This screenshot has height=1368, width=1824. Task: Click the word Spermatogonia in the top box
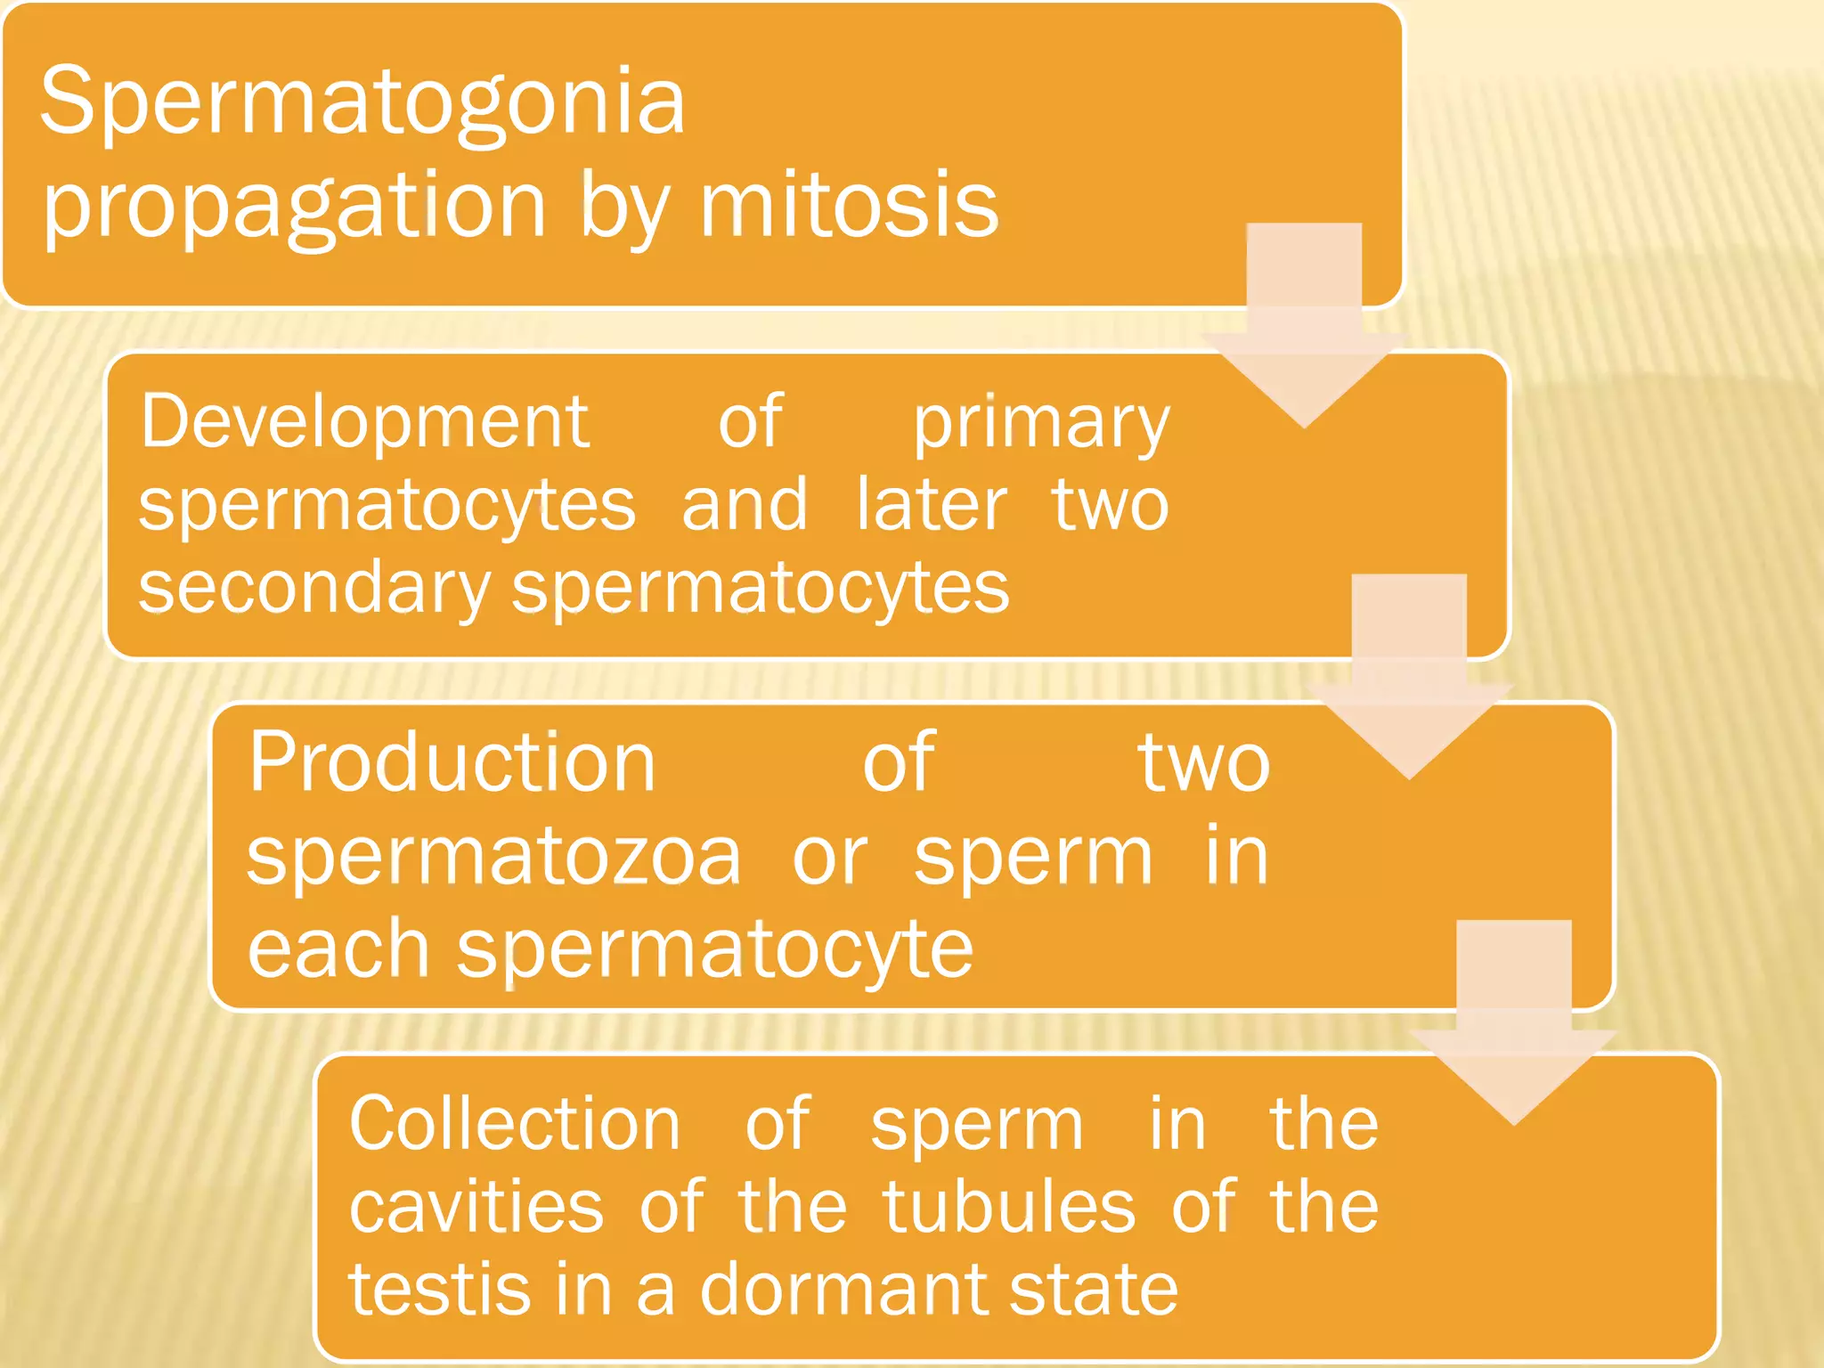pos(362,102)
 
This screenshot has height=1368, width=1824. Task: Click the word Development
pos(364,423)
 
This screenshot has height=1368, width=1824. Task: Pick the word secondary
pos(314,590)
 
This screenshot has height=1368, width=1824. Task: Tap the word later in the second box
pos(931,506)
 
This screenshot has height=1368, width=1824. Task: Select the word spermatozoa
pos(493,857)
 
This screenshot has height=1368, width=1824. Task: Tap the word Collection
pos(515,1124)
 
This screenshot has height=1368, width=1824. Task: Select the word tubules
pos(1008,1208)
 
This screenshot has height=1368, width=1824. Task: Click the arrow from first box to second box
pos(1304,338)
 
